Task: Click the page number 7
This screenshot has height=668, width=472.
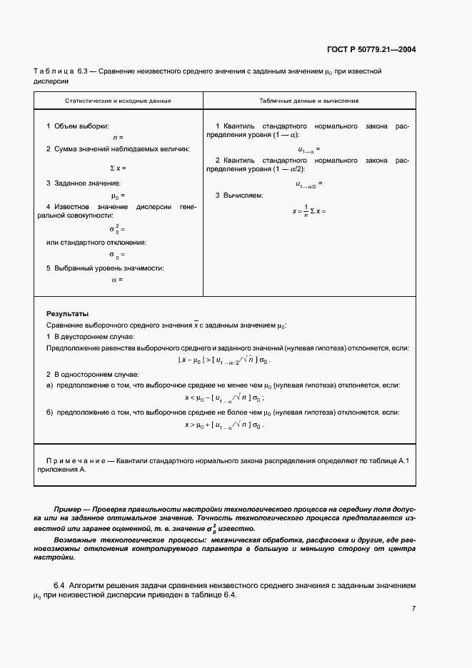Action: [413, 609]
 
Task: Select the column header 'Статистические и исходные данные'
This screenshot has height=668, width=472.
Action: [119, 101]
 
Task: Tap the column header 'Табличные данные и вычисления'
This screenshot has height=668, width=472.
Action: [308, 101]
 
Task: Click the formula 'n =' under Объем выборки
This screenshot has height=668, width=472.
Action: [119, 137]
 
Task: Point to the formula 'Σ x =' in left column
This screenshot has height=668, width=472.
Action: [118, 168]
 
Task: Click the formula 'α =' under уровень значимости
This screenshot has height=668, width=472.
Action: [118, 280]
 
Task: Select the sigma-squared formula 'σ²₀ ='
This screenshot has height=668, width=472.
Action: [117, 229]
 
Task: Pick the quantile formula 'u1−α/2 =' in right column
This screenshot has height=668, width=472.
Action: [309, 183]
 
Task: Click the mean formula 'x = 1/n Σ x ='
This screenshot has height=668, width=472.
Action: [308, 211]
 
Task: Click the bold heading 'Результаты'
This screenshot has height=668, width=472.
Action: [68, 313]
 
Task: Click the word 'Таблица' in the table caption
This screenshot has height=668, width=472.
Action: [51, 71]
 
